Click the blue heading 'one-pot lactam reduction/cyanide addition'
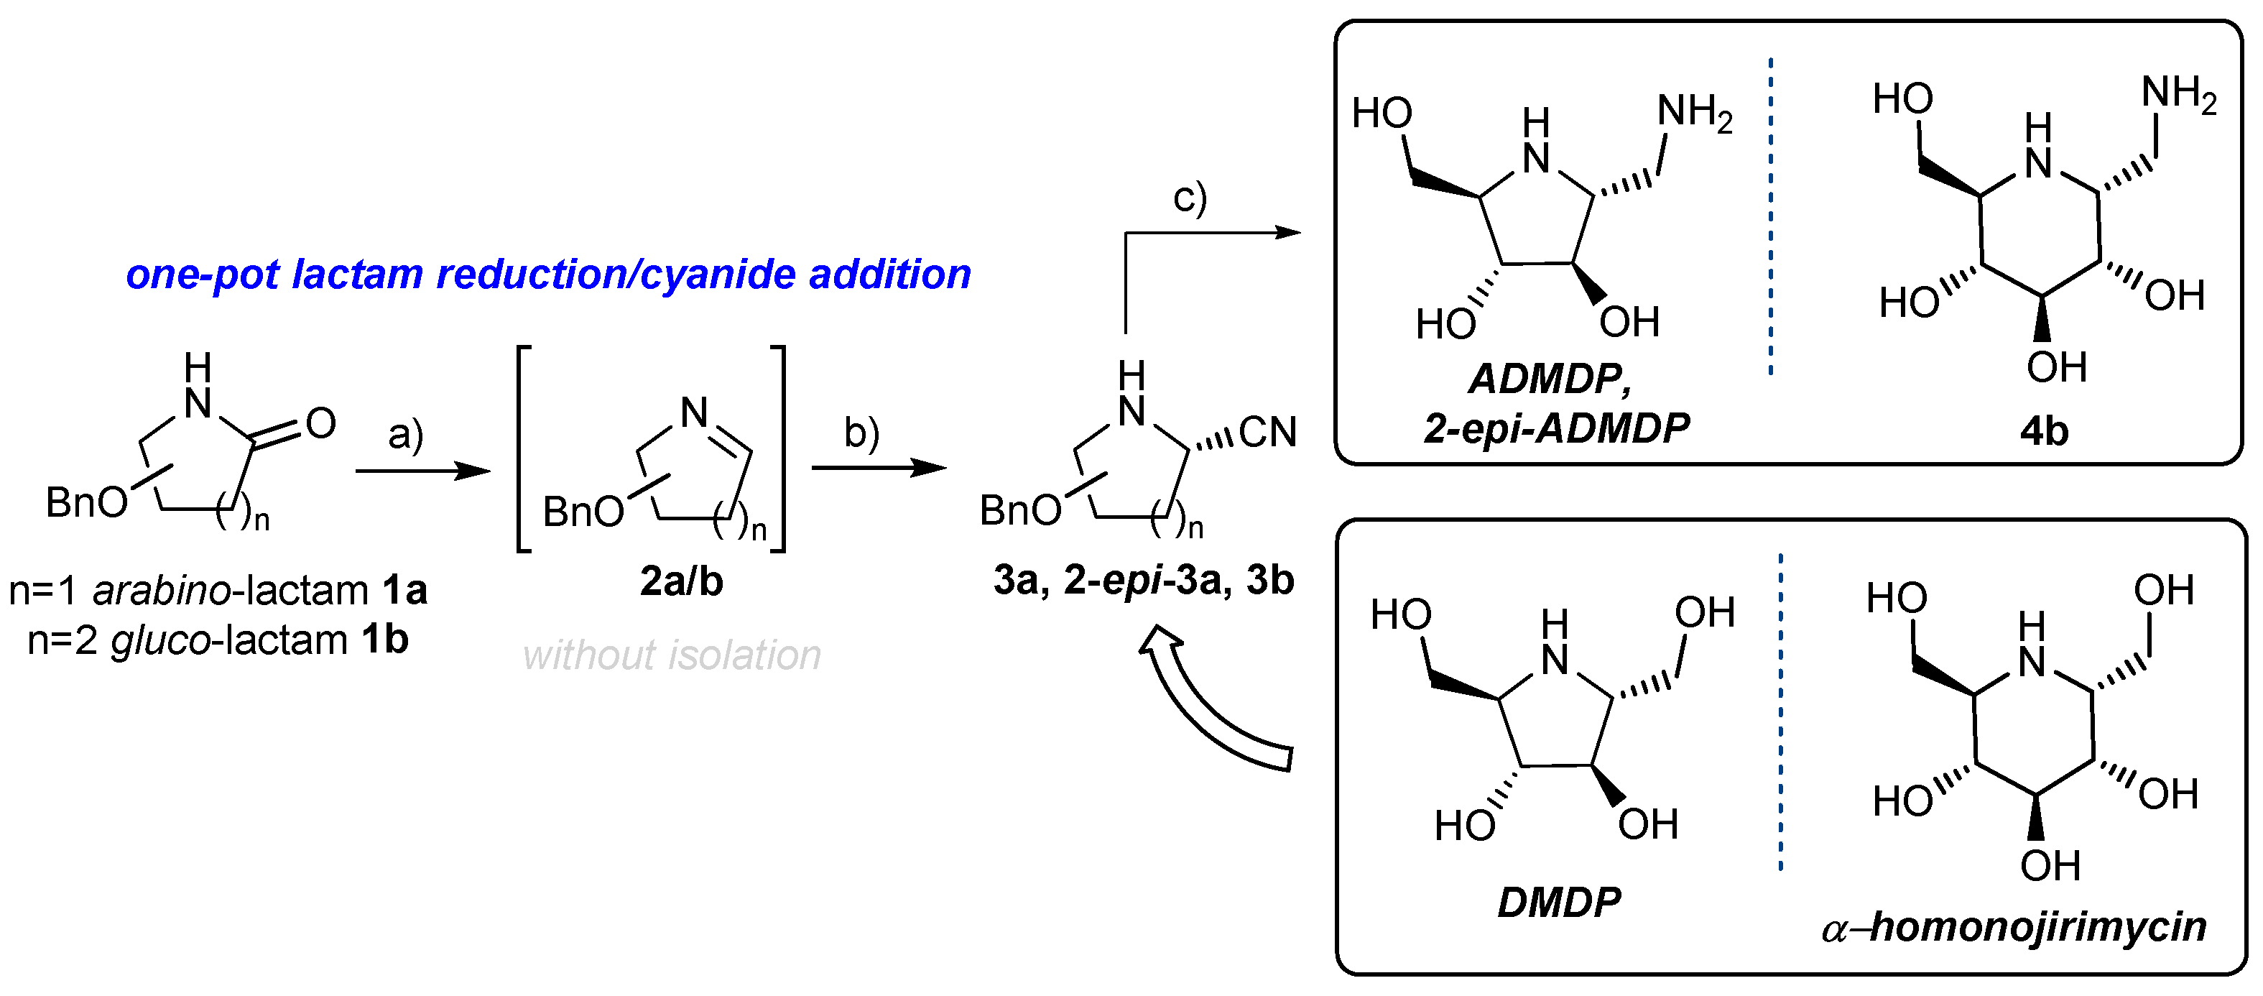click(x=548, y=275)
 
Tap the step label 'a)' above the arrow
click(x=406, y=433)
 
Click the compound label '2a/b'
click(x=681, y=581)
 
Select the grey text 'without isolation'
click(x=671, y=655)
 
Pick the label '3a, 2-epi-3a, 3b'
click(x=1143, y=580)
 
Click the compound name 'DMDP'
click(x=1558, y=903)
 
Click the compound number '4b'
click(x=2043, y=432)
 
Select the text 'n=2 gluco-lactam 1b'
click(x=218, y=640)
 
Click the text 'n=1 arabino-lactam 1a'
click(x=218, y=590)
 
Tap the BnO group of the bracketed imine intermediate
click(x=583, y=512)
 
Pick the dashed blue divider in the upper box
click(x=1770, y=216)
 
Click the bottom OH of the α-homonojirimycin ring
click(x=2050, y=866)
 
